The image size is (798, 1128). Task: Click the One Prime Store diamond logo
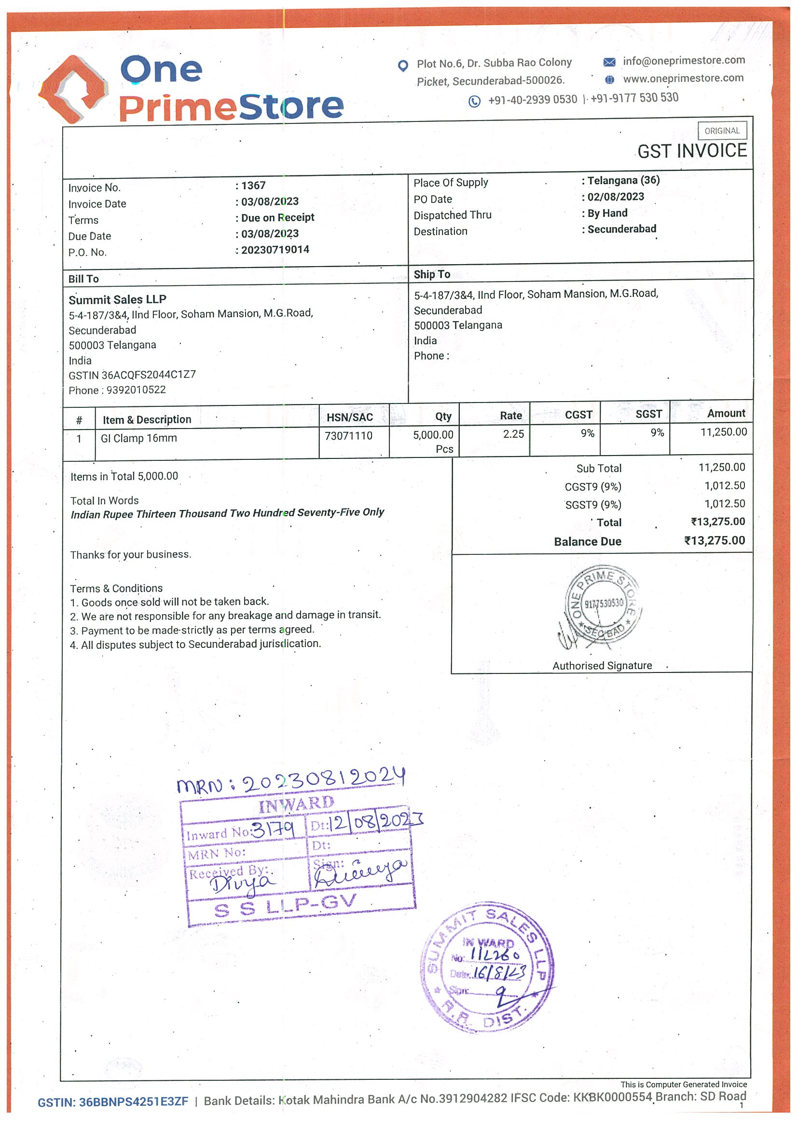[x=73, y=89]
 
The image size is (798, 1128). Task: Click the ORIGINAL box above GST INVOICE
[x=722, y=131]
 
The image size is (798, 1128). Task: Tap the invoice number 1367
[x=253, y=186]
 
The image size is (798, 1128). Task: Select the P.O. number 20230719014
[x=275, y=250]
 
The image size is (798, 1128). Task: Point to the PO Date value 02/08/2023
[x=616, y=197]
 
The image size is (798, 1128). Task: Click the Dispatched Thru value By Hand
[x=607, y=213]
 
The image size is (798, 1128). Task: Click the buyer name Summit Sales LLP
[x=118, y=299]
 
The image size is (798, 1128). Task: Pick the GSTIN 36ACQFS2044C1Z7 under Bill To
[x=149, y=375]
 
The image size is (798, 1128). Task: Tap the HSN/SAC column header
[x=350, y=417]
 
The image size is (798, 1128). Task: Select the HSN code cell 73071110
[x=349, y=436]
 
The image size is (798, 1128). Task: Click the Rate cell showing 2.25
[x=513, y=434]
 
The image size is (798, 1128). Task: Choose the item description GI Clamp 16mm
[x=138, y=438]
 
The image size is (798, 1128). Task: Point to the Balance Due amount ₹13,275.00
[x=715, y=540]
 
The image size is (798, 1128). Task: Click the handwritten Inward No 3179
[x=274, y=830]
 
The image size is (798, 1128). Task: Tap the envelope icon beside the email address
[x=609, y=62]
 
